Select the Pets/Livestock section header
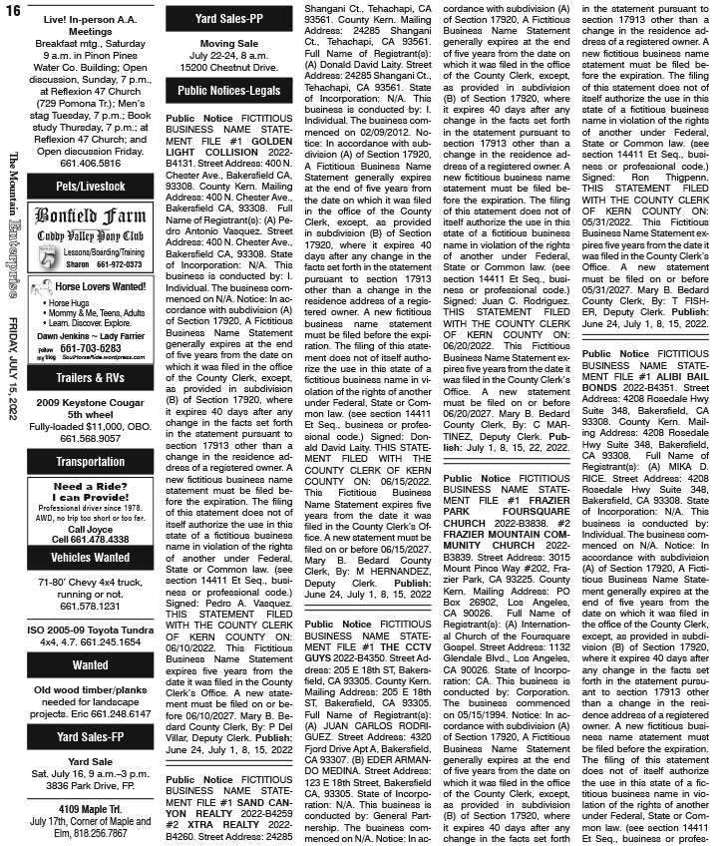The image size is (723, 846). (x=91, y=186)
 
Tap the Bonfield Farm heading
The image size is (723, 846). (x=90, y=215)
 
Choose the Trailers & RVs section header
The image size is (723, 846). (x=91, y=377)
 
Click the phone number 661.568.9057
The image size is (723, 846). (x=91, y=435)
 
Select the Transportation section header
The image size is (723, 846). (x=91, y=462)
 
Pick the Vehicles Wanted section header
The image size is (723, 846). (x=91, y=557)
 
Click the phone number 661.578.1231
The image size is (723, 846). (x=91, y=606)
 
